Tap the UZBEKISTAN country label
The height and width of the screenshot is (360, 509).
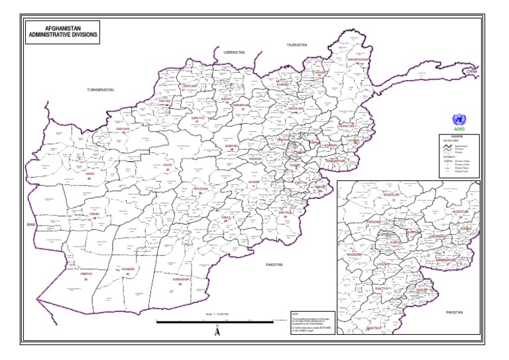[234, 52]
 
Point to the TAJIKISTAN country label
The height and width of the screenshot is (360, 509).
[297, 44]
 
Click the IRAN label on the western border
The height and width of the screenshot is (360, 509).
[30, 225]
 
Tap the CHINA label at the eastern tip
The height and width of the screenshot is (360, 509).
[471, 71]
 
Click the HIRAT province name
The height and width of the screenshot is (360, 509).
[90, 174]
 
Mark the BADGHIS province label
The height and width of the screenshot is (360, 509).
[123, 129]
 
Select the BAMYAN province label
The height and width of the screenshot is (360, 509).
[231, 146]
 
